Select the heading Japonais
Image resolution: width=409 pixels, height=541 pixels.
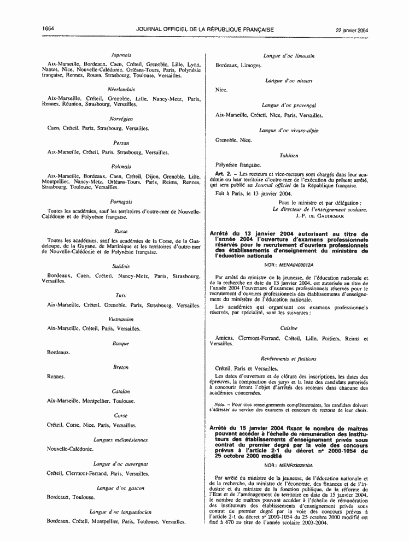(121, 55)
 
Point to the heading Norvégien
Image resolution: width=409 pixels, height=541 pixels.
(121, 119)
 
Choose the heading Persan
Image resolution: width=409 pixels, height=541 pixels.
(121, 143)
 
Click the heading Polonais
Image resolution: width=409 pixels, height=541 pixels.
(121, 166)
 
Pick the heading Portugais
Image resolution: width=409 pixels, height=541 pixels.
(121, 202)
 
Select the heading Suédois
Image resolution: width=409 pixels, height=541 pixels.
(121, 266)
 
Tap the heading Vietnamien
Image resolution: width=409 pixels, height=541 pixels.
(121, 319)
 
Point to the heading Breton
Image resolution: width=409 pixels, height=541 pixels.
(121, 367)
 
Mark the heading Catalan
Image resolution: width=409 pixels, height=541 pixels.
(121, 391)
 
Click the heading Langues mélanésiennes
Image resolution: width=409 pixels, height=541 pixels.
(121, 439)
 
